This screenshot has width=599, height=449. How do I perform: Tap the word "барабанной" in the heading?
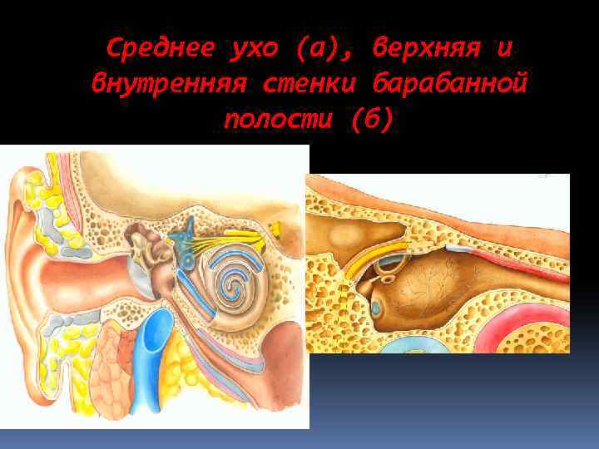coord(453,84)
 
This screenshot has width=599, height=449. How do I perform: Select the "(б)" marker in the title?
coord(370,120)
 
